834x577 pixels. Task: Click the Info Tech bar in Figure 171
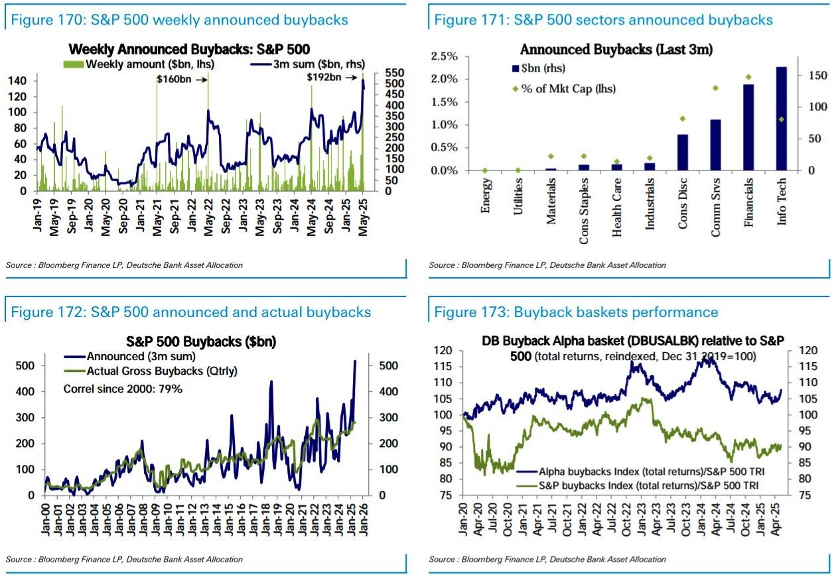point(781,119)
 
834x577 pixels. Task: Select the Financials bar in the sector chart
point(748,128)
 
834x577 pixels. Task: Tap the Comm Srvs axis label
point(716,202)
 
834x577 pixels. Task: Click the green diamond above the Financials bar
point(748,77)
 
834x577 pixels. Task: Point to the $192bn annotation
point(324,78)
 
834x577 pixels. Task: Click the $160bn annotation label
point(173,79)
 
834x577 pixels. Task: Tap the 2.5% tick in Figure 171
point(444,56)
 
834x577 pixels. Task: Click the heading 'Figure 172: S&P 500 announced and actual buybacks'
point(191,312)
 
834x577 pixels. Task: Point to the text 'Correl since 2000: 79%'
point(123,389)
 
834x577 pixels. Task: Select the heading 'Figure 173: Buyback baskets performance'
point(576,312)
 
